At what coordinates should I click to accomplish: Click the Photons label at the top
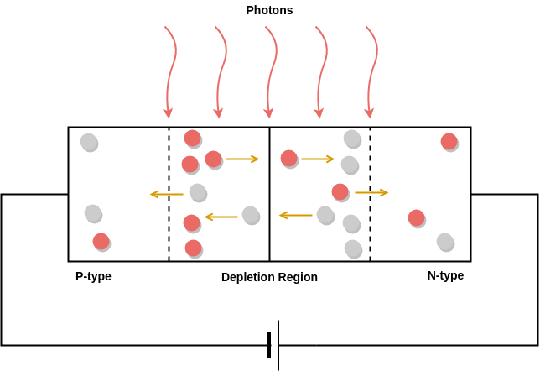[269, 10]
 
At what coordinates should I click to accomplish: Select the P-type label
[93, 276]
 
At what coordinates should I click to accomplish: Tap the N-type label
[445, 275]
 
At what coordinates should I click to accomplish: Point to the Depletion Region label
[269, 277]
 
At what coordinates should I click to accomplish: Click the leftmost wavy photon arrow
[169, 71]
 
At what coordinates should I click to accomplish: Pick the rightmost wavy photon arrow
[370, 71]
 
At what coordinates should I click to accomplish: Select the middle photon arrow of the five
[269, 71]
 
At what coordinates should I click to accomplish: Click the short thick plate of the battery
[268, 345]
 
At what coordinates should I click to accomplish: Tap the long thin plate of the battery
[278, 345]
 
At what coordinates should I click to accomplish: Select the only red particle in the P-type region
[101, 242]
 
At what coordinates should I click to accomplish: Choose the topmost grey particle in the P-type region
[89, 142]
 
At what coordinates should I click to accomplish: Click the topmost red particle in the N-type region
[449, 142]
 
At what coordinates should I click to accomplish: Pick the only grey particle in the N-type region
[445, 242]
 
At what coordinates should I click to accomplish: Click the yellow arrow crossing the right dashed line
[371, 193]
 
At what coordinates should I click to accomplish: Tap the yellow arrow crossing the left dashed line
[166, 195]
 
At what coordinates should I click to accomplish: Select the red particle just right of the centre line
[288, 158]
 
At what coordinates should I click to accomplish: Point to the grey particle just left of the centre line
[251, 215]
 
